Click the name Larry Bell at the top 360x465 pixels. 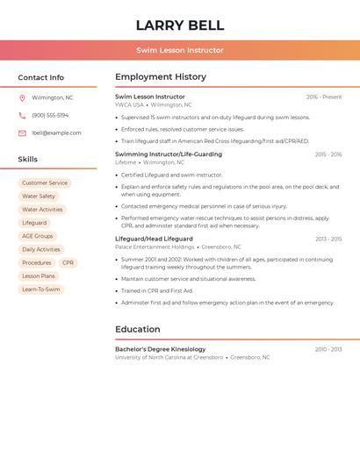point(180,25)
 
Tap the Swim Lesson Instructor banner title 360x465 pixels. point(180,50)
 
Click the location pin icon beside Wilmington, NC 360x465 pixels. point(22,98)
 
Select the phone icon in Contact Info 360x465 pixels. point(22,116)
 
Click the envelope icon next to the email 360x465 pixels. point(22,133)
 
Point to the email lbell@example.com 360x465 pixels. point(56,133)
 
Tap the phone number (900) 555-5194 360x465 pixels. point(50,116)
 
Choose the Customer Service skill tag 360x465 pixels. point(45,183)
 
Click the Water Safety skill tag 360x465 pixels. point(39,197)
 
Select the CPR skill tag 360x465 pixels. point(68,263)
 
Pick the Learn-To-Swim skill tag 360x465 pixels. point(41,290)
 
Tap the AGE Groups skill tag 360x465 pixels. point(38,236)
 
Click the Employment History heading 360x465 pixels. point(161,77)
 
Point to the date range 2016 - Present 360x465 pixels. point(324,97)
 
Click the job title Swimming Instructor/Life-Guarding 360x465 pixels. point(169,154)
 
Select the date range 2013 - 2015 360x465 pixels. point(328,239)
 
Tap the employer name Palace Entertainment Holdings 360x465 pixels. point(155,247)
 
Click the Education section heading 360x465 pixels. point(138,330)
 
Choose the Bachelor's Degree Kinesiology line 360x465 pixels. point(161,349)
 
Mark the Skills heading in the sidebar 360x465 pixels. point(28,160)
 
